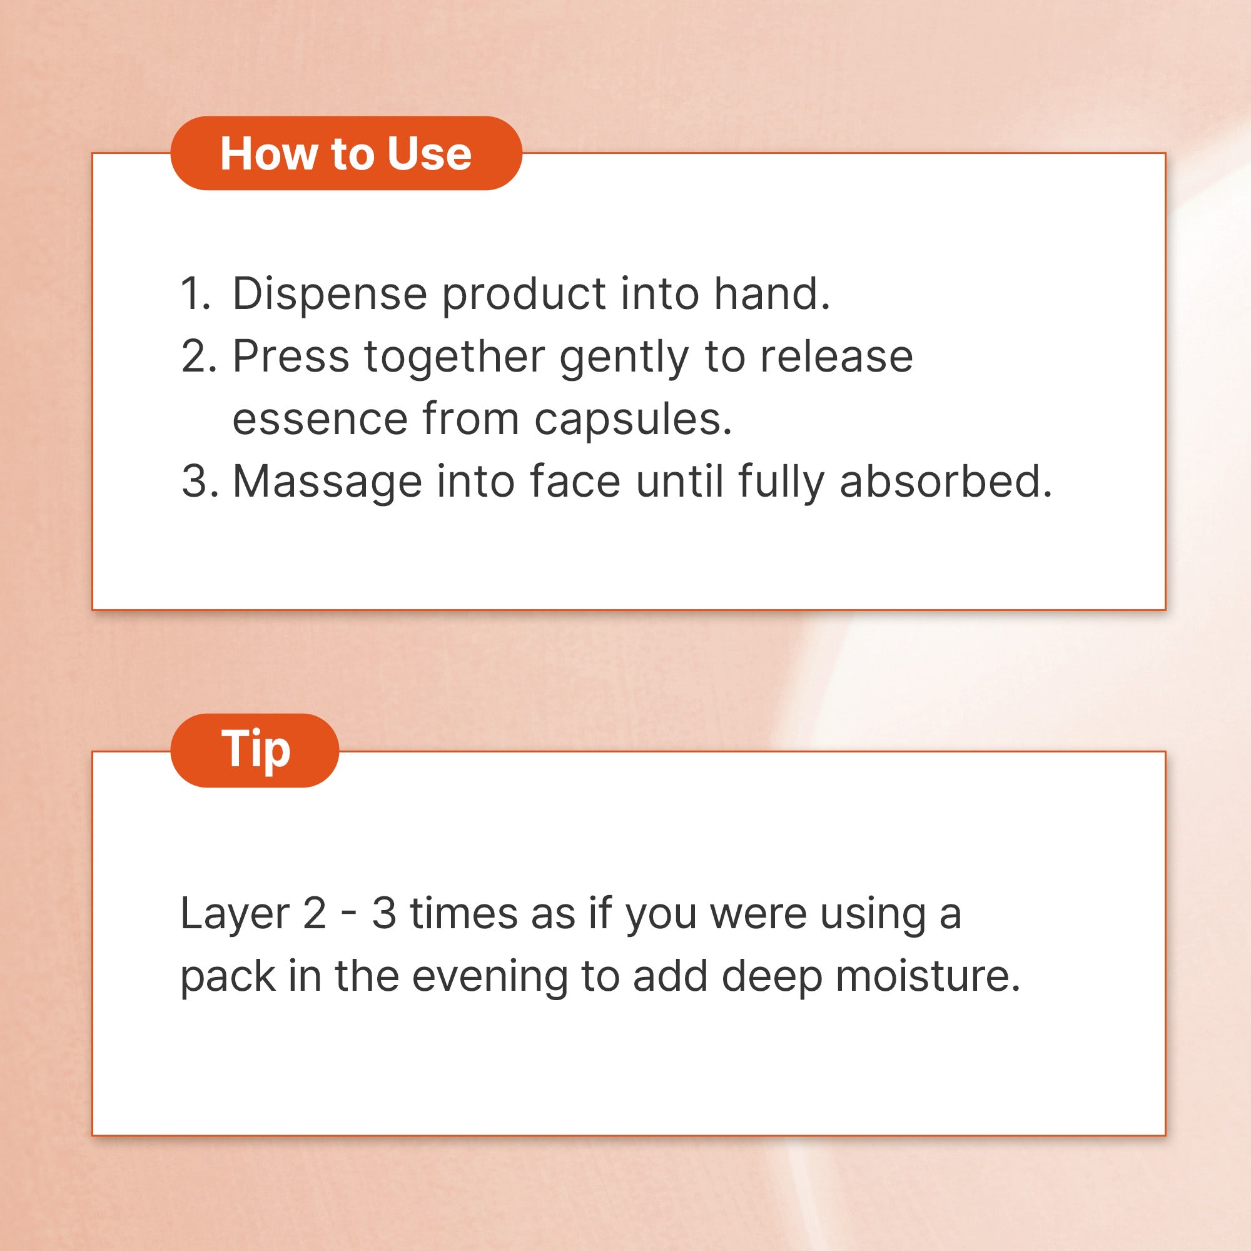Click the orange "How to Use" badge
[x=346, y=153]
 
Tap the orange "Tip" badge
[x=255, y=751]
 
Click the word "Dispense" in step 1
[x=330, y=295]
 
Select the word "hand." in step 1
[x=771, y=293]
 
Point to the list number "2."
[x=199, y=357]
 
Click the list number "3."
[x=199, y=482]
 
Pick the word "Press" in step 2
[x=291, y=357]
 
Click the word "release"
[x=836, y=356]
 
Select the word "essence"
[x=320, y=420]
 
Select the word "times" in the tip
[x=463, y=914]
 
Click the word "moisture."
[x=928, y=976]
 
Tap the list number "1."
[x=196, y=294]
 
